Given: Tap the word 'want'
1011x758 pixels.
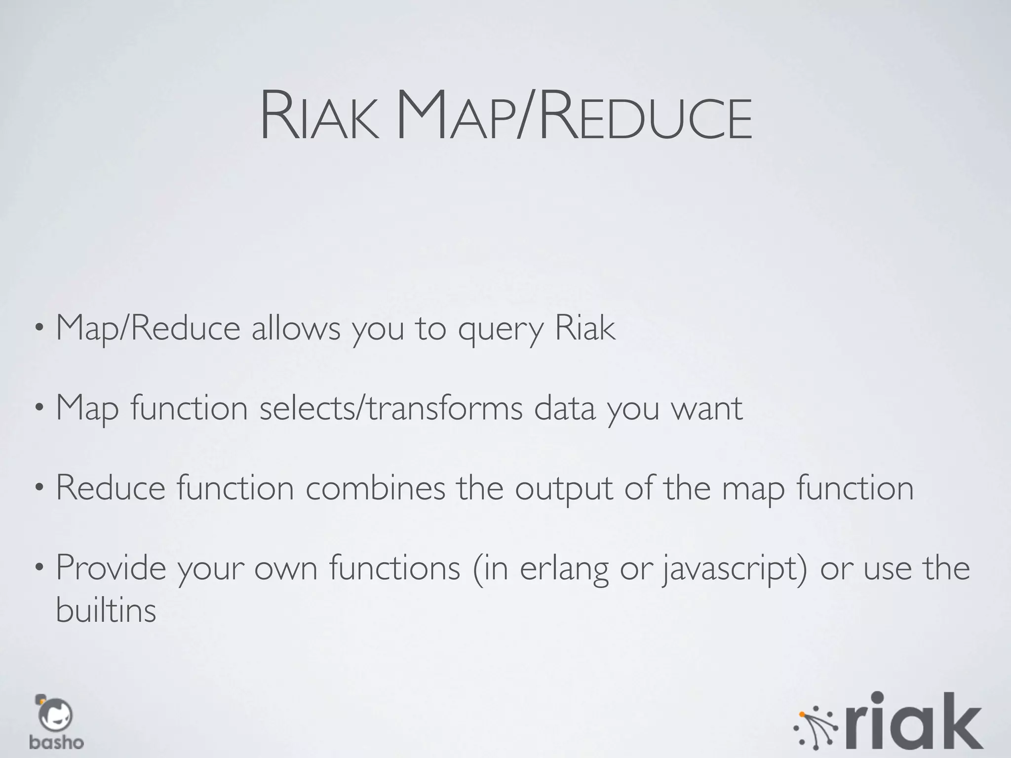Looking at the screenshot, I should pos(706,409).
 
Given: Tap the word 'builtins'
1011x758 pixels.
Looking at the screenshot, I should pos(106,610).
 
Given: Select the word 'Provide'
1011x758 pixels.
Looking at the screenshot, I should pos(111,568).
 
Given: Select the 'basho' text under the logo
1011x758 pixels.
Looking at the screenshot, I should pos(56,742).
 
